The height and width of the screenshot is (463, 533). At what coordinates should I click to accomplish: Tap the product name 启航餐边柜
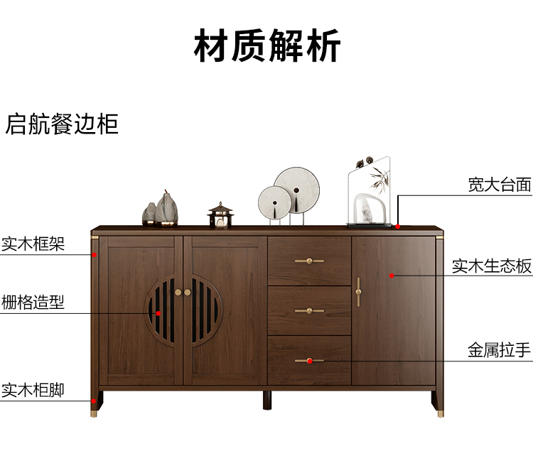click(62, 124)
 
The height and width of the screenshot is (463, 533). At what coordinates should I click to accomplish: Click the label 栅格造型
click(33, 303)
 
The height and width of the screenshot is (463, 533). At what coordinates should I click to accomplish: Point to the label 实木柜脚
click(33, 390)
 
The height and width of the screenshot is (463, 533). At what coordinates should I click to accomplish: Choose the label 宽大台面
click(500, 185)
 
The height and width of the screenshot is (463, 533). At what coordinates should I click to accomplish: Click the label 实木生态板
click(492, 266)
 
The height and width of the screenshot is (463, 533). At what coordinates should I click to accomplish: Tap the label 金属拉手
click(500, 351)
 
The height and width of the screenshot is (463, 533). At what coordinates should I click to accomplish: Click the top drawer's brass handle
click(309, 261)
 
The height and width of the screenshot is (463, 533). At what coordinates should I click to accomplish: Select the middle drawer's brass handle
click(309, 310)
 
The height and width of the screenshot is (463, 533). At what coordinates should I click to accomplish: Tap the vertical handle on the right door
click(359, 291)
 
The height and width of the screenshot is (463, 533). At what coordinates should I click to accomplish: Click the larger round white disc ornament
click(297, 190)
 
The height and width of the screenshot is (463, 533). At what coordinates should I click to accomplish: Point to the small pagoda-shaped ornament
click(220, 215)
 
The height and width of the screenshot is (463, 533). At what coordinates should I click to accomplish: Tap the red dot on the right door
click(391, 275)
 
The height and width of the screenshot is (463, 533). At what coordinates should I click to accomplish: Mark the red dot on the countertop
click(398, 227)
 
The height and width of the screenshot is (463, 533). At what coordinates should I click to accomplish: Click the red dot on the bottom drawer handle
click(310, 361)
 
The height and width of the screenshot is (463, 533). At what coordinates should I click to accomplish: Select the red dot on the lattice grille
click(159, 312)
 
